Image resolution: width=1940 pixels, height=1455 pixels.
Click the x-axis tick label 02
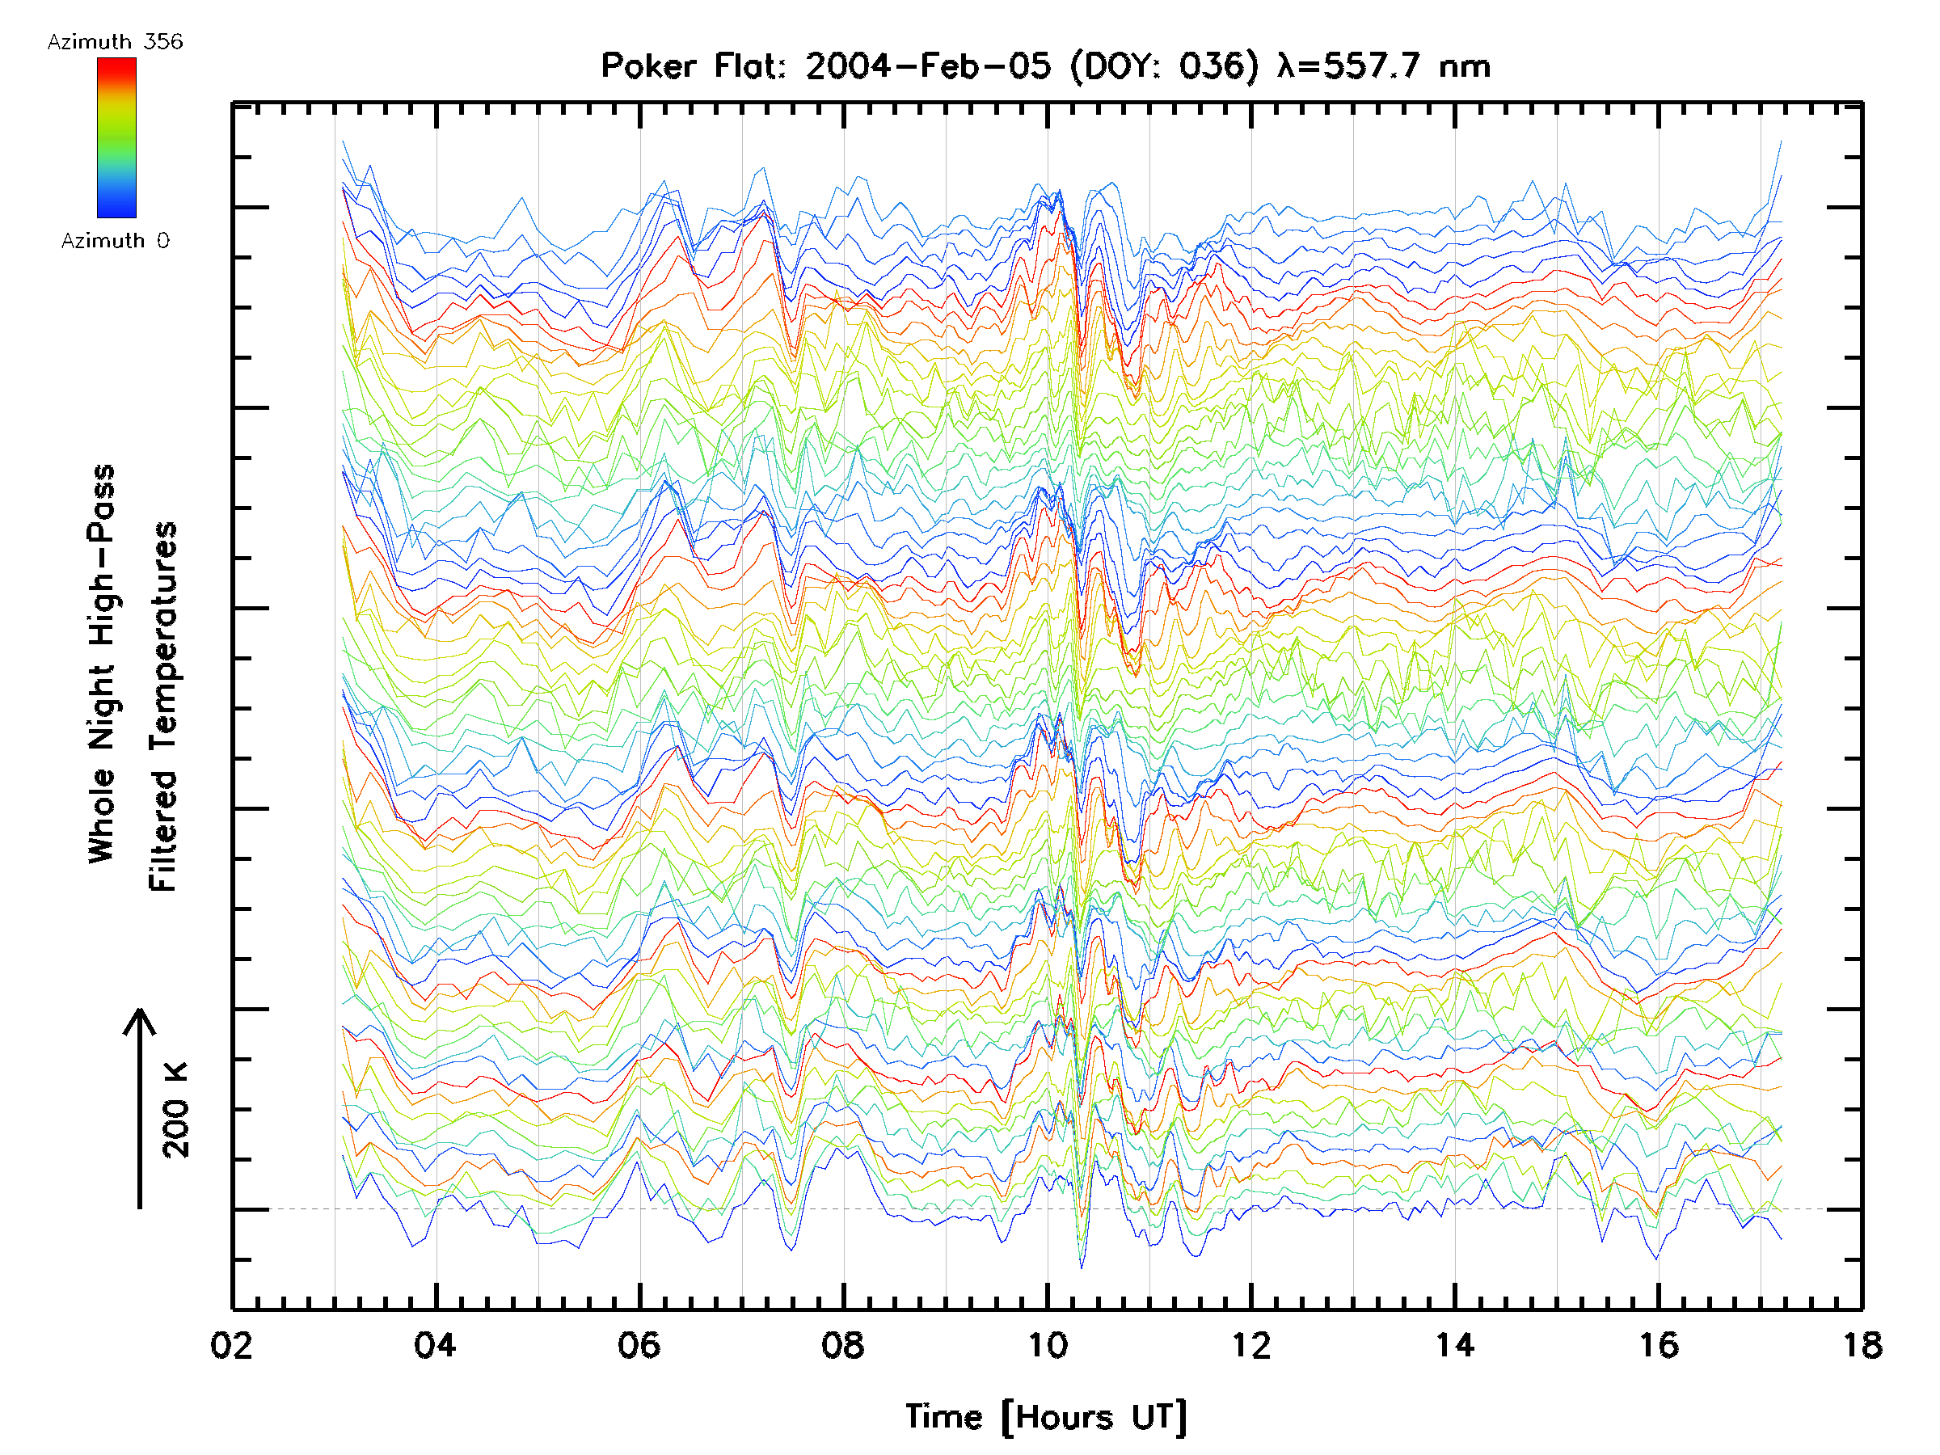(x=231, y=1344)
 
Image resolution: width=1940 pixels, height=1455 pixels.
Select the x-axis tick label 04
(x=435, y=1344)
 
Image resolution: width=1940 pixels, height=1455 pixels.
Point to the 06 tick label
(x=639, y=1344)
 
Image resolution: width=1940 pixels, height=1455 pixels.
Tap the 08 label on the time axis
(x=843, y=1344)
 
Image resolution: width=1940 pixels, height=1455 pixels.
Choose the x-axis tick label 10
(x=1047, y=1344)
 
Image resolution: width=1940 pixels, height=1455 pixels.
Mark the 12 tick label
(x=1250, y=1344)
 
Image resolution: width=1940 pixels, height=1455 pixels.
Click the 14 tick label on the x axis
(x=1455, y=1344)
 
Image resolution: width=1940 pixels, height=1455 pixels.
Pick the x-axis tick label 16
(x=1659, y=1344)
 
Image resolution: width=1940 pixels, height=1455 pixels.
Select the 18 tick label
(x=1862, y=1344)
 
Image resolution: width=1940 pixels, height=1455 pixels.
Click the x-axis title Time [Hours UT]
(x=1046, y=1416)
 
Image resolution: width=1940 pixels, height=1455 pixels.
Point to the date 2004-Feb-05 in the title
(x=928, y=65)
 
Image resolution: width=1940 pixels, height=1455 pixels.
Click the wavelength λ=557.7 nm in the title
(x=1383, y=65)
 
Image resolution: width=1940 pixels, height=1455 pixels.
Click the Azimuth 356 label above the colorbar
(x=115, y=41)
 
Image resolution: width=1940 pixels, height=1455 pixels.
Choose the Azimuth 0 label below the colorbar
(x=115, y=240)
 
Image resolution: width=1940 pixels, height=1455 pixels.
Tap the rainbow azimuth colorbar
(x=116, y=137)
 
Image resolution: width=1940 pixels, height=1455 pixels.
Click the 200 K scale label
(x=176, y=1111)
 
